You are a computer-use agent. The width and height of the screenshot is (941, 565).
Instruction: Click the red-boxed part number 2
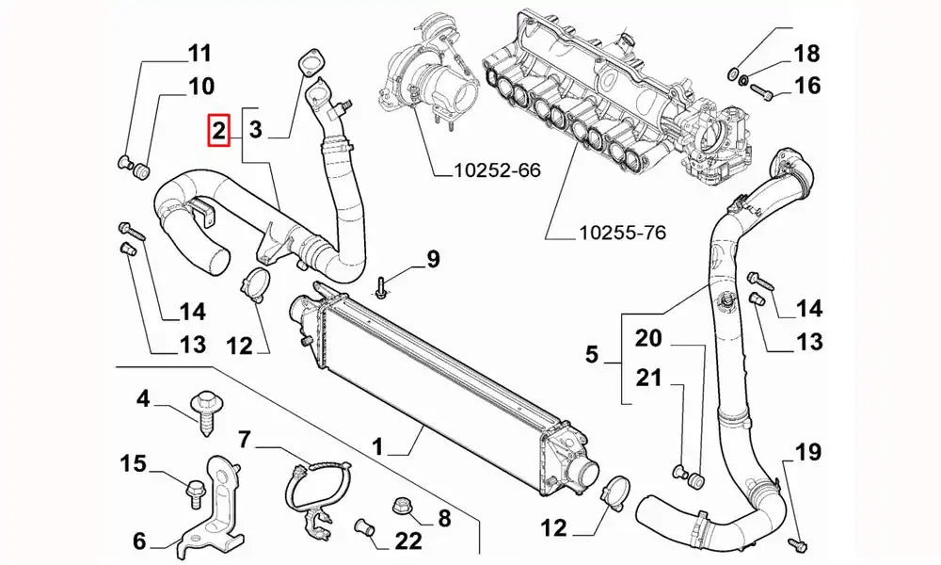(x=218, y=131)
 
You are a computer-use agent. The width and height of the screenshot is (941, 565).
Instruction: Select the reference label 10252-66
(x=497, y=170)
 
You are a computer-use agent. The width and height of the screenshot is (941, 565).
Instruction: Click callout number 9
(x=432, y=259)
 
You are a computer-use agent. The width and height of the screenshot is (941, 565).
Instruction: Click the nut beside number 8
(x=399, y=506)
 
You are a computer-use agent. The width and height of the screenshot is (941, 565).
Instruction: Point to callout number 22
(x=408, y=541)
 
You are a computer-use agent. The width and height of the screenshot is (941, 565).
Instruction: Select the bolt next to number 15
(x=197, y=488)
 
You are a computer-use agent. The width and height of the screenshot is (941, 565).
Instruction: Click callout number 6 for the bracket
(x=139, y=541)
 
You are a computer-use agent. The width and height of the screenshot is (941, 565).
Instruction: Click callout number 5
(x=591, y=355)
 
